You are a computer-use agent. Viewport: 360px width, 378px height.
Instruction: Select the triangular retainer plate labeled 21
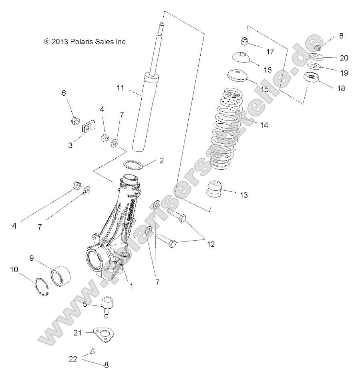(x=104, y=334)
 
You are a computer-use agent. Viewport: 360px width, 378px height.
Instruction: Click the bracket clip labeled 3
(x=90, y=128)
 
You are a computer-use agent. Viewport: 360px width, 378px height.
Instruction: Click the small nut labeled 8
(x=318, y=48)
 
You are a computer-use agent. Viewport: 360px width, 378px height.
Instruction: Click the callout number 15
(x=264, y=89)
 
